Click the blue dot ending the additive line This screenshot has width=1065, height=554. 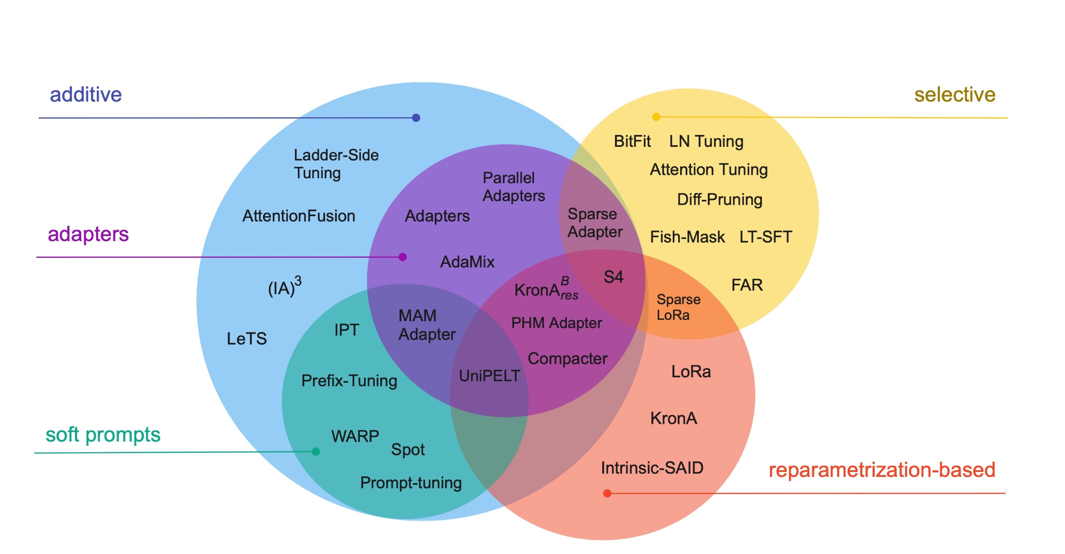click(416, 118)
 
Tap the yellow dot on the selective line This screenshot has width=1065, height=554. click(656, 117)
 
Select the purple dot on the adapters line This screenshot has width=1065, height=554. click(402, 257)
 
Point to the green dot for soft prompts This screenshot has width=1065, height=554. click(316, 452)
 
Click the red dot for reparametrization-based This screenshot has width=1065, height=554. click(607, 493)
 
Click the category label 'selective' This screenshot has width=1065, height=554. click(955, 95)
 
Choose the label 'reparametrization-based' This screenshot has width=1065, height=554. click(881, 470)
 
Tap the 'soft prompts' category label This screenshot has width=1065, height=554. click(103, 435)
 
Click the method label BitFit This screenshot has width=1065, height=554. click(632, 141)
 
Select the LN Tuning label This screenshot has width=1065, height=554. click(706, 141)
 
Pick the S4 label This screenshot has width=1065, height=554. click(613, 277)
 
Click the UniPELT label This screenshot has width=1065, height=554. click(489, 376)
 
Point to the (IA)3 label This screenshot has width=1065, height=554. click(284, 287)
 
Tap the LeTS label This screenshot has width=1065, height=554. click(246, 338)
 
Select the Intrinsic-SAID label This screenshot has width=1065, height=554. click(652, 468)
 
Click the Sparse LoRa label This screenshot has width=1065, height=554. click(678, 307)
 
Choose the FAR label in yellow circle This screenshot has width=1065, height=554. click(746, 285)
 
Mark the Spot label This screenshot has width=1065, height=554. click(407, 450)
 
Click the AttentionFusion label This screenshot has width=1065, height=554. click(298, 216)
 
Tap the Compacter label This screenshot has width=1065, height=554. click(567, 359)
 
